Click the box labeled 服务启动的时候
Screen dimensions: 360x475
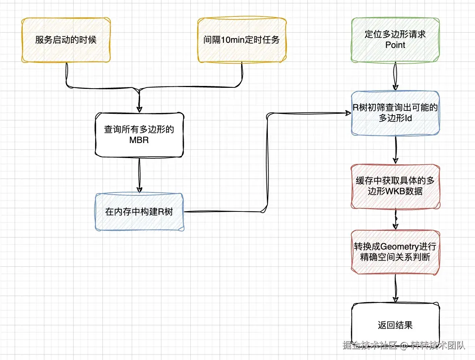(66, 40)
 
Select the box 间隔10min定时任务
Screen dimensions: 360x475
(242, 40)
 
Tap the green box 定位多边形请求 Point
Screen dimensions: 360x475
(395, 40)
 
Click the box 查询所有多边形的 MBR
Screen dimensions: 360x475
(139, 135)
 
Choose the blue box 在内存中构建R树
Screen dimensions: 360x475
(139, 212)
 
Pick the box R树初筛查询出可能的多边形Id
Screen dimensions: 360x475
(395, 113)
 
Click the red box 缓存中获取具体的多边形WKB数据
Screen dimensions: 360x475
(395, 186)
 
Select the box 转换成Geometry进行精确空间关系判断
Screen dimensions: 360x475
(395, 252)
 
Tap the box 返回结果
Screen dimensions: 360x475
(395, 325)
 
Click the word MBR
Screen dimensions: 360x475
(139, 140)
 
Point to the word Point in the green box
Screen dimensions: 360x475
(395, 45)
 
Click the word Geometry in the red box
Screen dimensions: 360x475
(400, 247)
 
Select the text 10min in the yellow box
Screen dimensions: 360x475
(233, 40)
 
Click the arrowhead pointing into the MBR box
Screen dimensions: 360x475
(139, 109)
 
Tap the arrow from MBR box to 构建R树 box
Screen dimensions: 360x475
(139, 175)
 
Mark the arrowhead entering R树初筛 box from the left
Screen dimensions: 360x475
(348, 113)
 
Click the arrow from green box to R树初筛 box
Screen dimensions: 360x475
(395, 76)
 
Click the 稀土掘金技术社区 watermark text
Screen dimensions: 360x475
(370, 345)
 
